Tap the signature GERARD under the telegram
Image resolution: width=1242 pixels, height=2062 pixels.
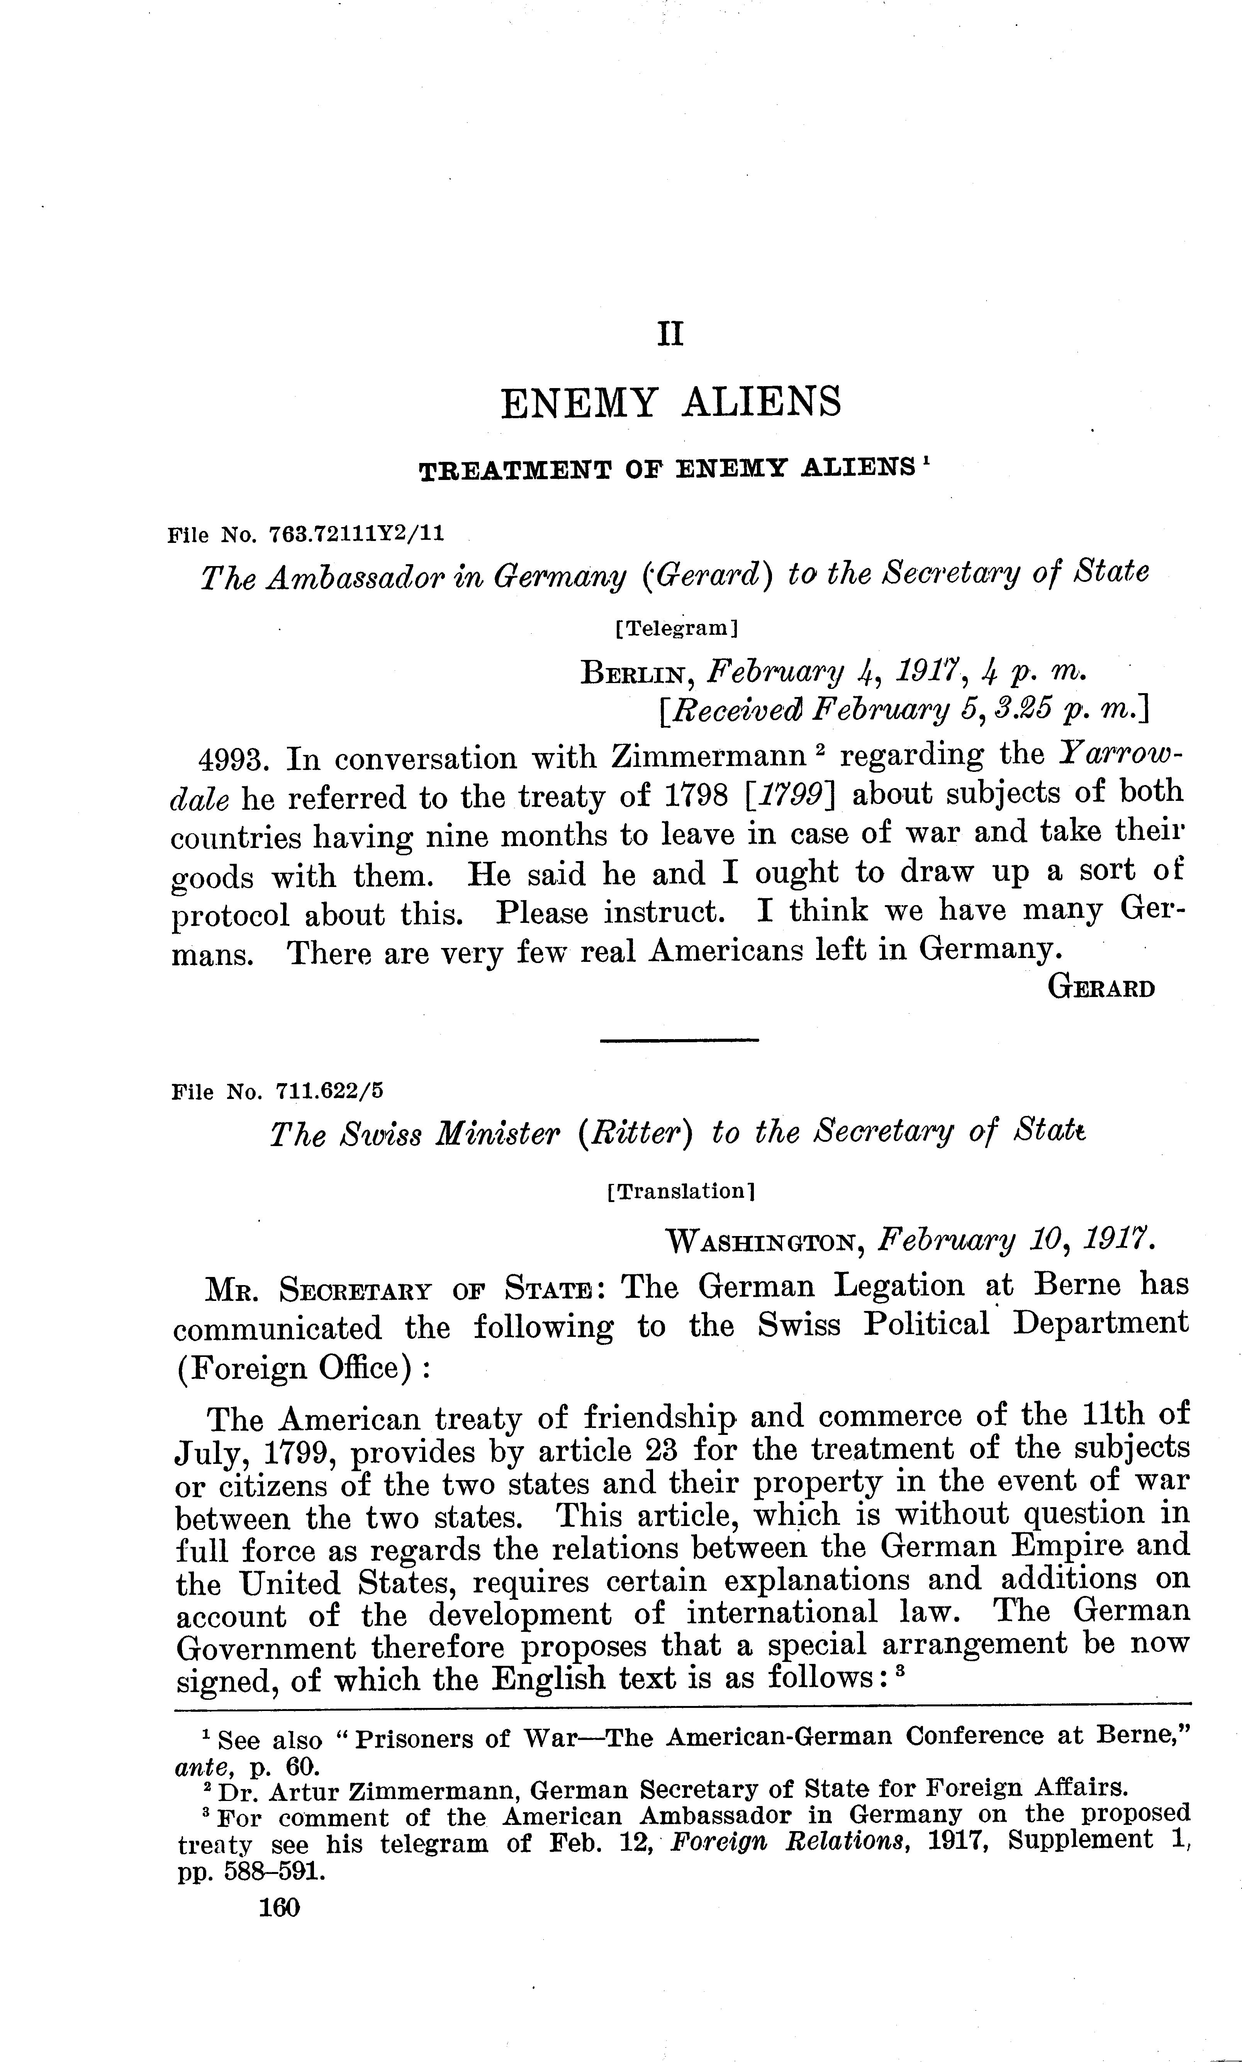pos(1101,988)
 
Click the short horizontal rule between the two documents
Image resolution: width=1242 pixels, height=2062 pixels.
pos(680,1040)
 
